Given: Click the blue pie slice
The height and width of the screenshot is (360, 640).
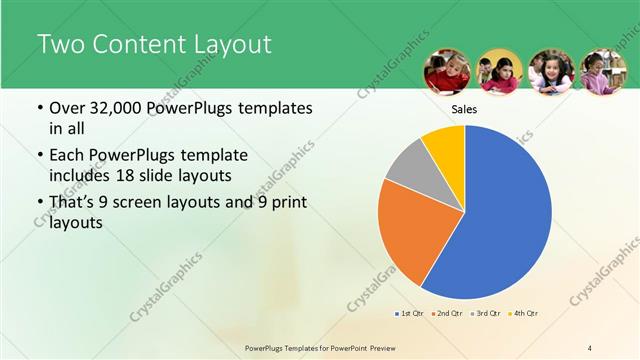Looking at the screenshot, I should click(505, 215).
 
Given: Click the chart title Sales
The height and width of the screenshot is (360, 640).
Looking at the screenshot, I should click(464, 109).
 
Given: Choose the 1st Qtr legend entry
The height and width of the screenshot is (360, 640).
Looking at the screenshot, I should click(410, 315).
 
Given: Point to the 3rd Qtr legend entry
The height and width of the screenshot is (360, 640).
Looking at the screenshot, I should click(486, 315).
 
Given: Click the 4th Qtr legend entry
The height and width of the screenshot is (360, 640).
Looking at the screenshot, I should click(524, 315).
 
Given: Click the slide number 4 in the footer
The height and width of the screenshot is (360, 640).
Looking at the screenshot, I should click(590, 347).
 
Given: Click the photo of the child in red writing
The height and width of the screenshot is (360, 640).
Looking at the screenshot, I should click(447, 72).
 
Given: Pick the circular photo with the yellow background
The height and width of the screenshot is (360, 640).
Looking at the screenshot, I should click(499, 72).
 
